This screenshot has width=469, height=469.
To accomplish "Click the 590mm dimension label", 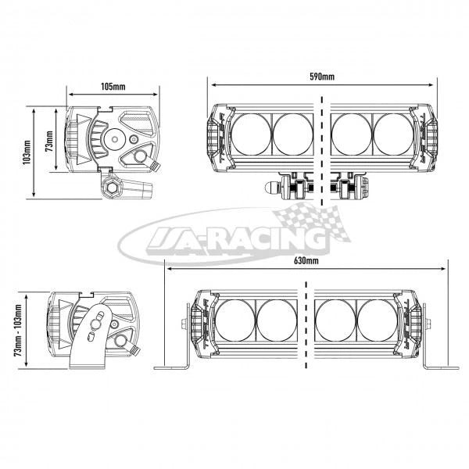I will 321,77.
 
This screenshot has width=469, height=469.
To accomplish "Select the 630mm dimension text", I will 306,260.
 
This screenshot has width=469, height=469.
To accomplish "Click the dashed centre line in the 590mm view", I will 321,149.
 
